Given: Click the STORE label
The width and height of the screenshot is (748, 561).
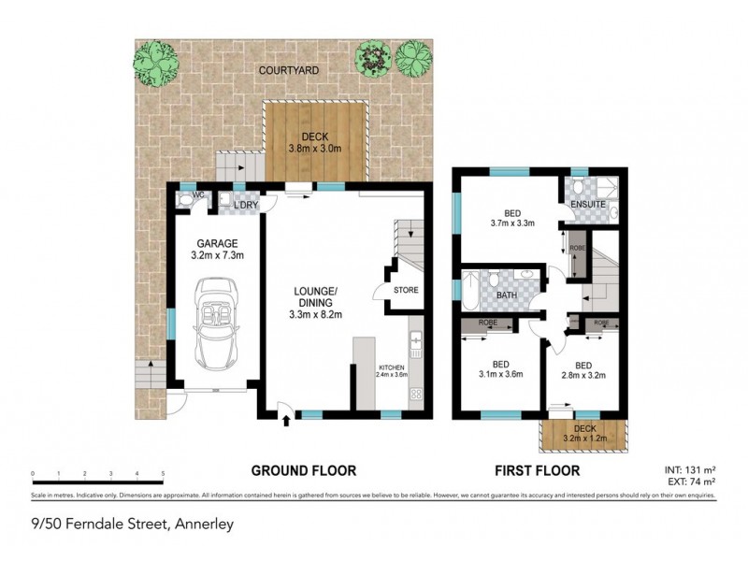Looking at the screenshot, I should (x=405, y=290).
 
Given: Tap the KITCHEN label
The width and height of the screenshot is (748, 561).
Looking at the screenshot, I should (x=391, y=367).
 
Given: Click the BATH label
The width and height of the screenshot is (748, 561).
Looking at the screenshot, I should (x=506, y=295).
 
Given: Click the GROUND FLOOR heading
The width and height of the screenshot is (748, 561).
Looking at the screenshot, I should (x=302, y=470).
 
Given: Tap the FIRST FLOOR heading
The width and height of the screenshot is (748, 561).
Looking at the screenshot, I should (x=539, y=470).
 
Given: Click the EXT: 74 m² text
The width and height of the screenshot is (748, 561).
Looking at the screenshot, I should (x=690, y=481).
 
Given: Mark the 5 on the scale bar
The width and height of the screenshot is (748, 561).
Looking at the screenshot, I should (x=163, y=474).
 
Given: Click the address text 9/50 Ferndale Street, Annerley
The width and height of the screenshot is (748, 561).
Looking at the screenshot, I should (x=132, y=524).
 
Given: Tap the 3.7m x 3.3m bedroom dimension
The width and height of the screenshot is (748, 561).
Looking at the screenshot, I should (x=511, y=223).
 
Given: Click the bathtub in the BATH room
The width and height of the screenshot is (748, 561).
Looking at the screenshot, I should (x=469, y=291).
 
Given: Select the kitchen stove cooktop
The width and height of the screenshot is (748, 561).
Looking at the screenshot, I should (x=416, y=395).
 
